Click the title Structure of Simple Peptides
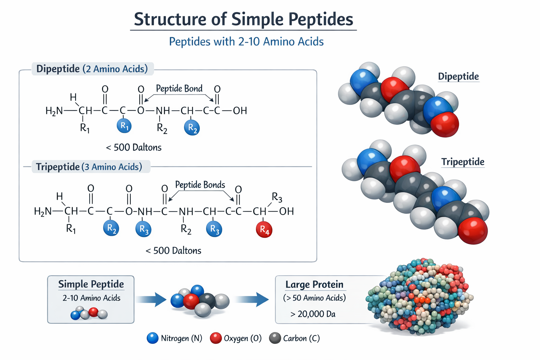(243, 19)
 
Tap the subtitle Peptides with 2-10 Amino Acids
(246, 41)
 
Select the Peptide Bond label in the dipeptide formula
(179, 88)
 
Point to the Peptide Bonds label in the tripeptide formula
(200, 185)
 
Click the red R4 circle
(264, 230)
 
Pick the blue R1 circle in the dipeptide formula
(124, 126)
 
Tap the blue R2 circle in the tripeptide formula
(111, 229)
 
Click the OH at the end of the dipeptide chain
(240, 111)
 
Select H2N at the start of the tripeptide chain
(43, 211)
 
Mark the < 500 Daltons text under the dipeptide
(134, 147)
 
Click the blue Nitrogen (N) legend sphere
(153, 338)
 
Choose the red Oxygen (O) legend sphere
(216, 338)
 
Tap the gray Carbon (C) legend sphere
(275, 338)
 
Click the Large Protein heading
(314, 284)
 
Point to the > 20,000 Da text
(313, 314)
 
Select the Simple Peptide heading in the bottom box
(91, 284)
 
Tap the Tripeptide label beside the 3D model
(463, 162)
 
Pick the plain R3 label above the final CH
(277, 198)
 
